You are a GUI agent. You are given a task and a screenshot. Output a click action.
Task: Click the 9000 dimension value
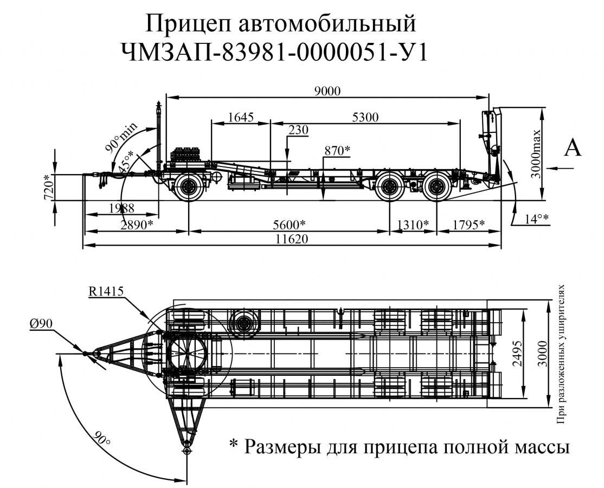pyautogui.click(x=327, y=91)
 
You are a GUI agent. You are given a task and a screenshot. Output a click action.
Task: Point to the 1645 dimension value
pyautogui.click(x=241, y=117)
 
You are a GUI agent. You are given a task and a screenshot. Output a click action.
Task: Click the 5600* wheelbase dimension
pyautogui.click(x=288, y=224)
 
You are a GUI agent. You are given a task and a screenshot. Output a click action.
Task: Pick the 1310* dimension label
pyautogui.click(x=413, y=224)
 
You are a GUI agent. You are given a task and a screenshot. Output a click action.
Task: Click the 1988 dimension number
pyautogui.click(x=121, y=208)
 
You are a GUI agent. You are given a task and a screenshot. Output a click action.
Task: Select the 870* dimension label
pyautogui.click(x=337, y=150)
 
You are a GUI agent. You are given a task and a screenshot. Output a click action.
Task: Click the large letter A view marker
pyautogui.click(x=573, y=147)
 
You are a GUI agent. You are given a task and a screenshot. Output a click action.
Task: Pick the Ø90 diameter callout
pyautogui.click(x=41, y=324)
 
